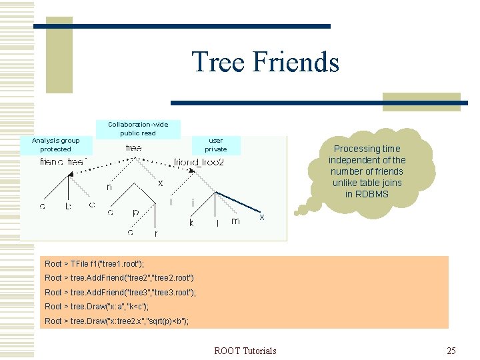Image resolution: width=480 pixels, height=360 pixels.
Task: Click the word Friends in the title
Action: point(295,62)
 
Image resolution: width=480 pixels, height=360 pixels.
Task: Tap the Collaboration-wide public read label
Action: point(138,128)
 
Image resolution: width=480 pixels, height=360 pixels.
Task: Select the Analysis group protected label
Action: point(55,145)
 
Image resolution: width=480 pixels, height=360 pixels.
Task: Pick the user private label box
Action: point(215,145)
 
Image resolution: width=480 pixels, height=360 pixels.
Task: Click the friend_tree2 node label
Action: point(199,162)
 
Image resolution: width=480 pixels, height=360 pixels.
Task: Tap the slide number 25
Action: point(451,350)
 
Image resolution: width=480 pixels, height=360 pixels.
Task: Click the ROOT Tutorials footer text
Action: point(245,350)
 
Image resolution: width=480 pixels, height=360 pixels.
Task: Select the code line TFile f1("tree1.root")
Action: point(94,263)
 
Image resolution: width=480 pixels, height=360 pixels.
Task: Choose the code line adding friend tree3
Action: point(120,293)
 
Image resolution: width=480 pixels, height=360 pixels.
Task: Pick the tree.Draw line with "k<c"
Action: point(97,307)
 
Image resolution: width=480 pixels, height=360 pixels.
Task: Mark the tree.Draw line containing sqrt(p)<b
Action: point(117,321)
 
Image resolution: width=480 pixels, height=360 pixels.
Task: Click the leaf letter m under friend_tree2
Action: point(235,221)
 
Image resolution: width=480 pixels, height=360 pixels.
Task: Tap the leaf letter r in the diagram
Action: point(156,234)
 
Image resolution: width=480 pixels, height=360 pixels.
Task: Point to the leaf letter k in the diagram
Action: point(191,223)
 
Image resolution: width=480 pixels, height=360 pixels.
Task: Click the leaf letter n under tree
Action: point(109,187)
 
